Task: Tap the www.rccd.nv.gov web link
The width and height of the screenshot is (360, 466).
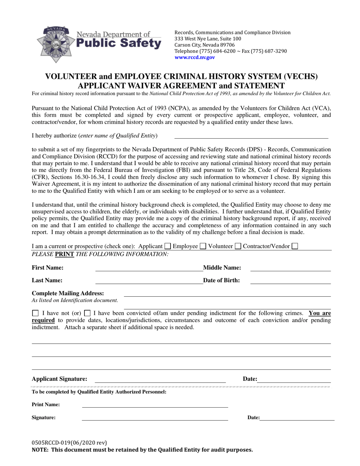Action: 194,58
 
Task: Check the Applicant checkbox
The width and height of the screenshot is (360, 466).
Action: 167,246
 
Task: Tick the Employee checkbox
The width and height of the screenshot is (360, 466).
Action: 203,246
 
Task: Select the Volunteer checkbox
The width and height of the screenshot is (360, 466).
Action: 238,246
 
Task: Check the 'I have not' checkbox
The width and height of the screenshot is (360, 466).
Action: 36,313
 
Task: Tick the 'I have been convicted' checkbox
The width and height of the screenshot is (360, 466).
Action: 87,313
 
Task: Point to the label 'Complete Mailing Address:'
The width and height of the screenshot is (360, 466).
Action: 68,293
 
